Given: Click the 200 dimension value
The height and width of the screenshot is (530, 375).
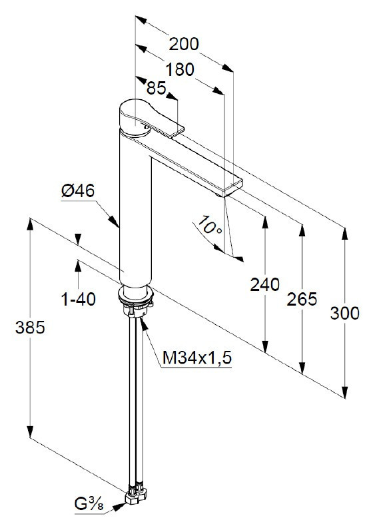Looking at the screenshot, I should tap(184, 44).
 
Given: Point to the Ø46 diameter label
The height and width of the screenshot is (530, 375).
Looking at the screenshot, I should tap(78, 191).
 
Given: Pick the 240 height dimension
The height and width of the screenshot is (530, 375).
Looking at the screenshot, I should tap(264, 285).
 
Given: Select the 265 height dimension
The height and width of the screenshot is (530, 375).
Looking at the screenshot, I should tap(302, 299).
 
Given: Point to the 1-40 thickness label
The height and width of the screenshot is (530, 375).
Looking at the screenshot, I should tap(78, 300).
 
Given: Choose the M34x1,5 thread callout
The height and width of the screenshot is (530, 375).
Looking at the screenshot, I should tap(196, 359).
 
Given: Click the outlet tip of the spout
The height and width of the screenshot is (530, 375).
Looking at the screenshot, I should tap(233, 188).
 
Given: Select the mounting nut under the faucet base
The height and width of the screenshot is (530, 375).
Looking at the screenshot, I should tap(137, 308).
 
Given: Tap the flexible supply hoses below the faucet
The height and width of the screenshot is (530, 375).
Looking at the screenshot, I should tap(137, 399).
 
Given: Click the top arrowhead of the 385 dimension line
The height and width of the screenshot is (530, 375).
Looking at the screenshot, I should tap(30, 222).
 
